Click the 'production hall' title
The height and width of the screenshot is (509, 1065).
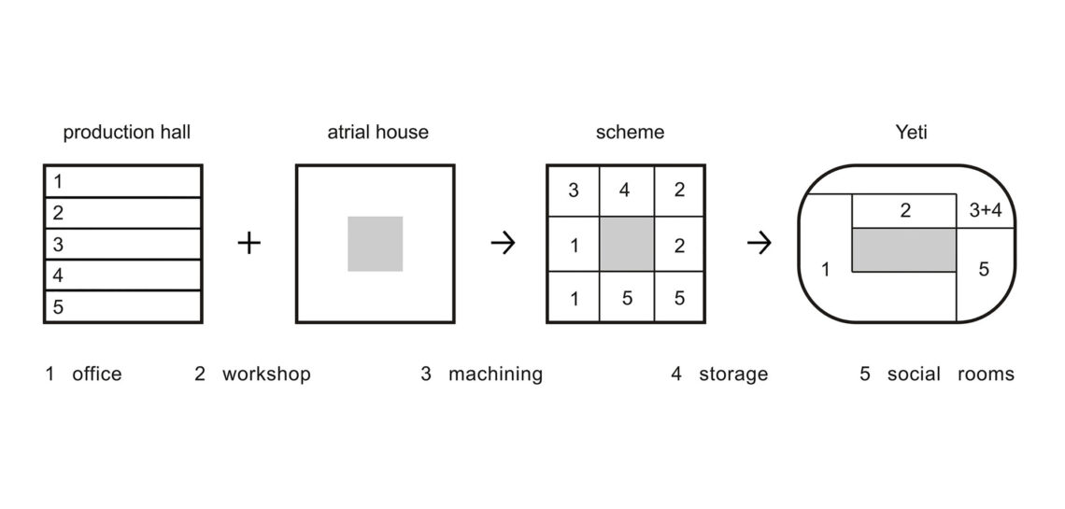pyautogui.click(x=127, y=133)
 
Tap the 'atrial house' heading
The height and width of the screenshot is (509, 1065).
pyautogui.click(x=377, y=133)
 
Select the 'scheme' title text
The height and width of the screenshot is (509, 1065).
pyautogui.click(x=631, y=133)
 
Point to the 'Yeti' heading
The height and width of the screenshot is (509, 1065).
pyautogui.click(x=911, y=133)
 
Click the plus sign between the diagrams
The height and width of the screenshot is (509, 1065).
pyautogui.click(x=249, y=243)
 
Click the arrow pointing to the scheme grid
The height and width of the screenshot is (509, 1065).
pyautogui.click(x=503, y=243)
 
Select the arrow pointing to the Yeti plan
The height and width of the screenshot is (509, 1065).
pyautogui.click(x=759, y=243)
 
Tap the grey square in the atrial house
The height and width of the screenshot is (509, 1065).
pyautogui.click(x=375, y=244)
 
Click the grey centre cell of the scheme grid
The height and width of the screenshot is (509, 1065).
pyautogui.click(x=627, y=245)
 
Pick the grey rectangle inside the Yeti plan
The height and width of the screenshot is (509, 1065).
pyautogui.click(x=904, y=249)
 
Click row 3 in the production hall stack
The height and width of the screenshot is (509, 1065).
pyautogui.click(x=123, y=245)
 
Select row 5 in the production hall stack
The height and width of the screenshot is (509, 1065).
pyautogui.click(x=123, y=306)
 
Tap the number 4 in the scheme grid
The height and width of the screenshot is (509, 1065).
pyautogui.click(x=625, y=191)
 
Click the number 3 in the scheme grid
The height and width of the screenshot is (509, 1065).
pyautogui.click(x=574, y=191)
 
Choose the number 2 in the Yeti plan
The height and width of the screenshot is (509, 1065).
pyautogui.click(x=904, y=211)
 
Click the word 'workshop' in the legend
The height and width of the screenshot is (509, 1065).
pyautogui.click(x=266, y=374)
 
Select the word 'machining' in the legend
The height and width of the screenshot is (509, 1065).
pyautogui.click(x=495, y=375)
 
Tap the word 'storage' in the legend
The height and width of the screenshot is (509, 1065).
pyautogui.click(x=732, y=375)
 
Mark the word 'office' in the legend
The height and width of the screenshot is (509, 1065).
pyautogui.click(x=96, y=374)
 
